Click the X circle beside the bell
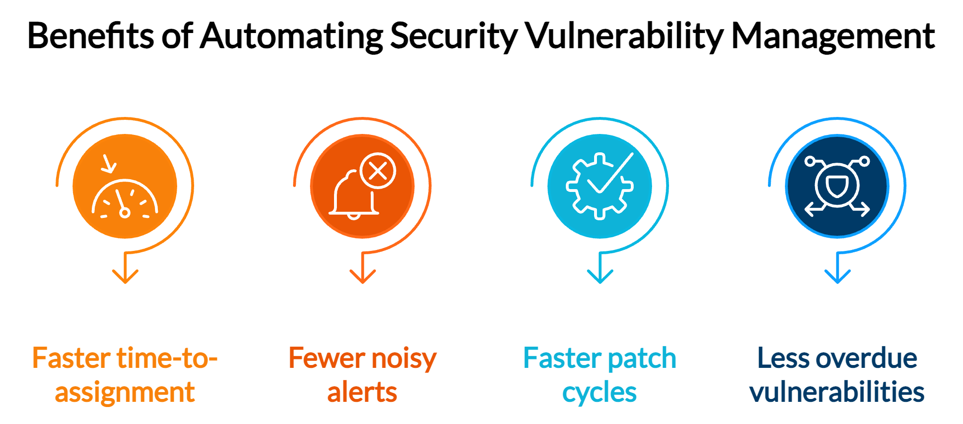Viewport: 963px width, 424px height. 378,171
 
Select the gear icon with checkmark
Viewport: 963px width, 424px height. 599,186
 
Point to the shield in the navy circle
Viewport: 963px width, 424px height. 837,185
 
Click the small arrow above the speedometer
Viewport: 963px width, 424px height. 109,164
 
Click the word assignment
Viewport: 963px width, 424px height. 125,392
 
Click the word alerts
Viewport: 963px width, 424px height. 362,392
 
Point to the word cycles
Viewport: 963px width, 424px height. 599,392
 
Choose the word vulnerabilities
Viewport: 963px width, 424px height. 837,392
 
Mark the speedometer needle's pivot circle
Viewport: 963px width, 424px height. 125,213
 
